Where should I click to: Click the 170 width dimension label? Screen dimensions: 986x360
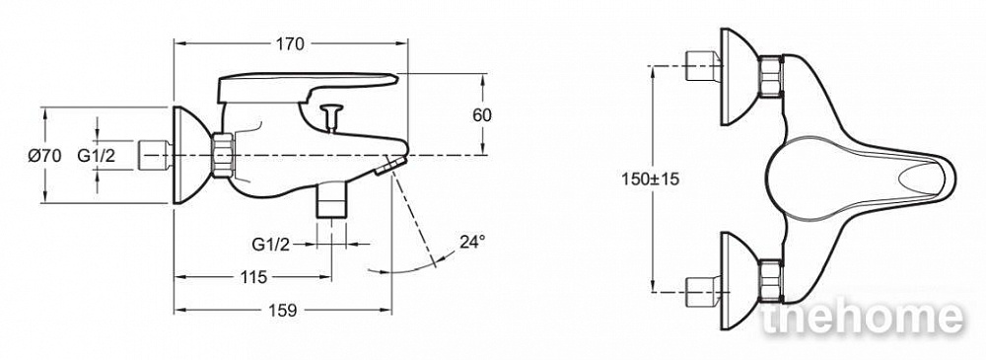coord(291,43)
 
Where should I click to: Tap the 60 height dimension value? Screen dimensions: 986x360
coord(482,115)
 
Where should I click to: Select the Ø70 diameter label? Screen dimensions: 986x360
coord(44,156)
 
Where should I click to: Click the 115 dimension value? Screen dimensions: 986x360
coord(252,276)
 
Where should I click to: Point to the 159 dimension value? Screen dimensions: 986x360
coord(283,310)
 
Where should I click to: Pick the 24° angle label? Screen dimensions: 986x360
coord(472,242)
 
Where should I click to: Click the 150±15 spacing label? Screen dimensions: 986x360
coord(650,179)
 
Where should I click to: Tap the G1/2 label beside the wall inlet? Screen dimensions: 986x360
coord(97,156)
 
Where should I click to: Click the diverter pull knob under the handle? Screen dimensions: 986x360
coord(331,117)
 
